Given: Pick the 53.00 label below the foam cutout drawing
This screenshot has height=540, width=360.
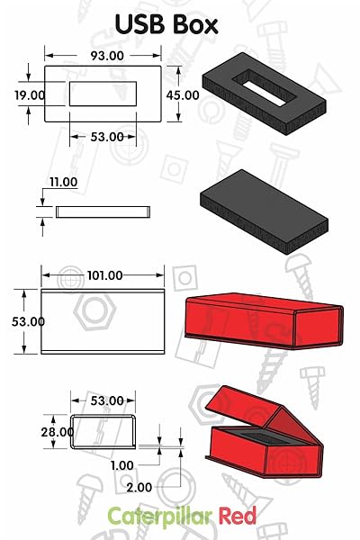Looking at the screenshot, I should pos(103,137).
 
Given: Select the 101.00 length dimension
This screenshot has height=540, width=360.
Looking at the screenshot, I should pos(103,275).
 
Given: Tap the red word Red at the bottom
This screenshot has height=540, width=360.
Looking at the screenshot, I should pos(236,517).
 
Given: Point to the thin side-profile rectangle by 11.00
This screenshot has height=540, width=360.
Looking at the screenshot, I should pos(102,212).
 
